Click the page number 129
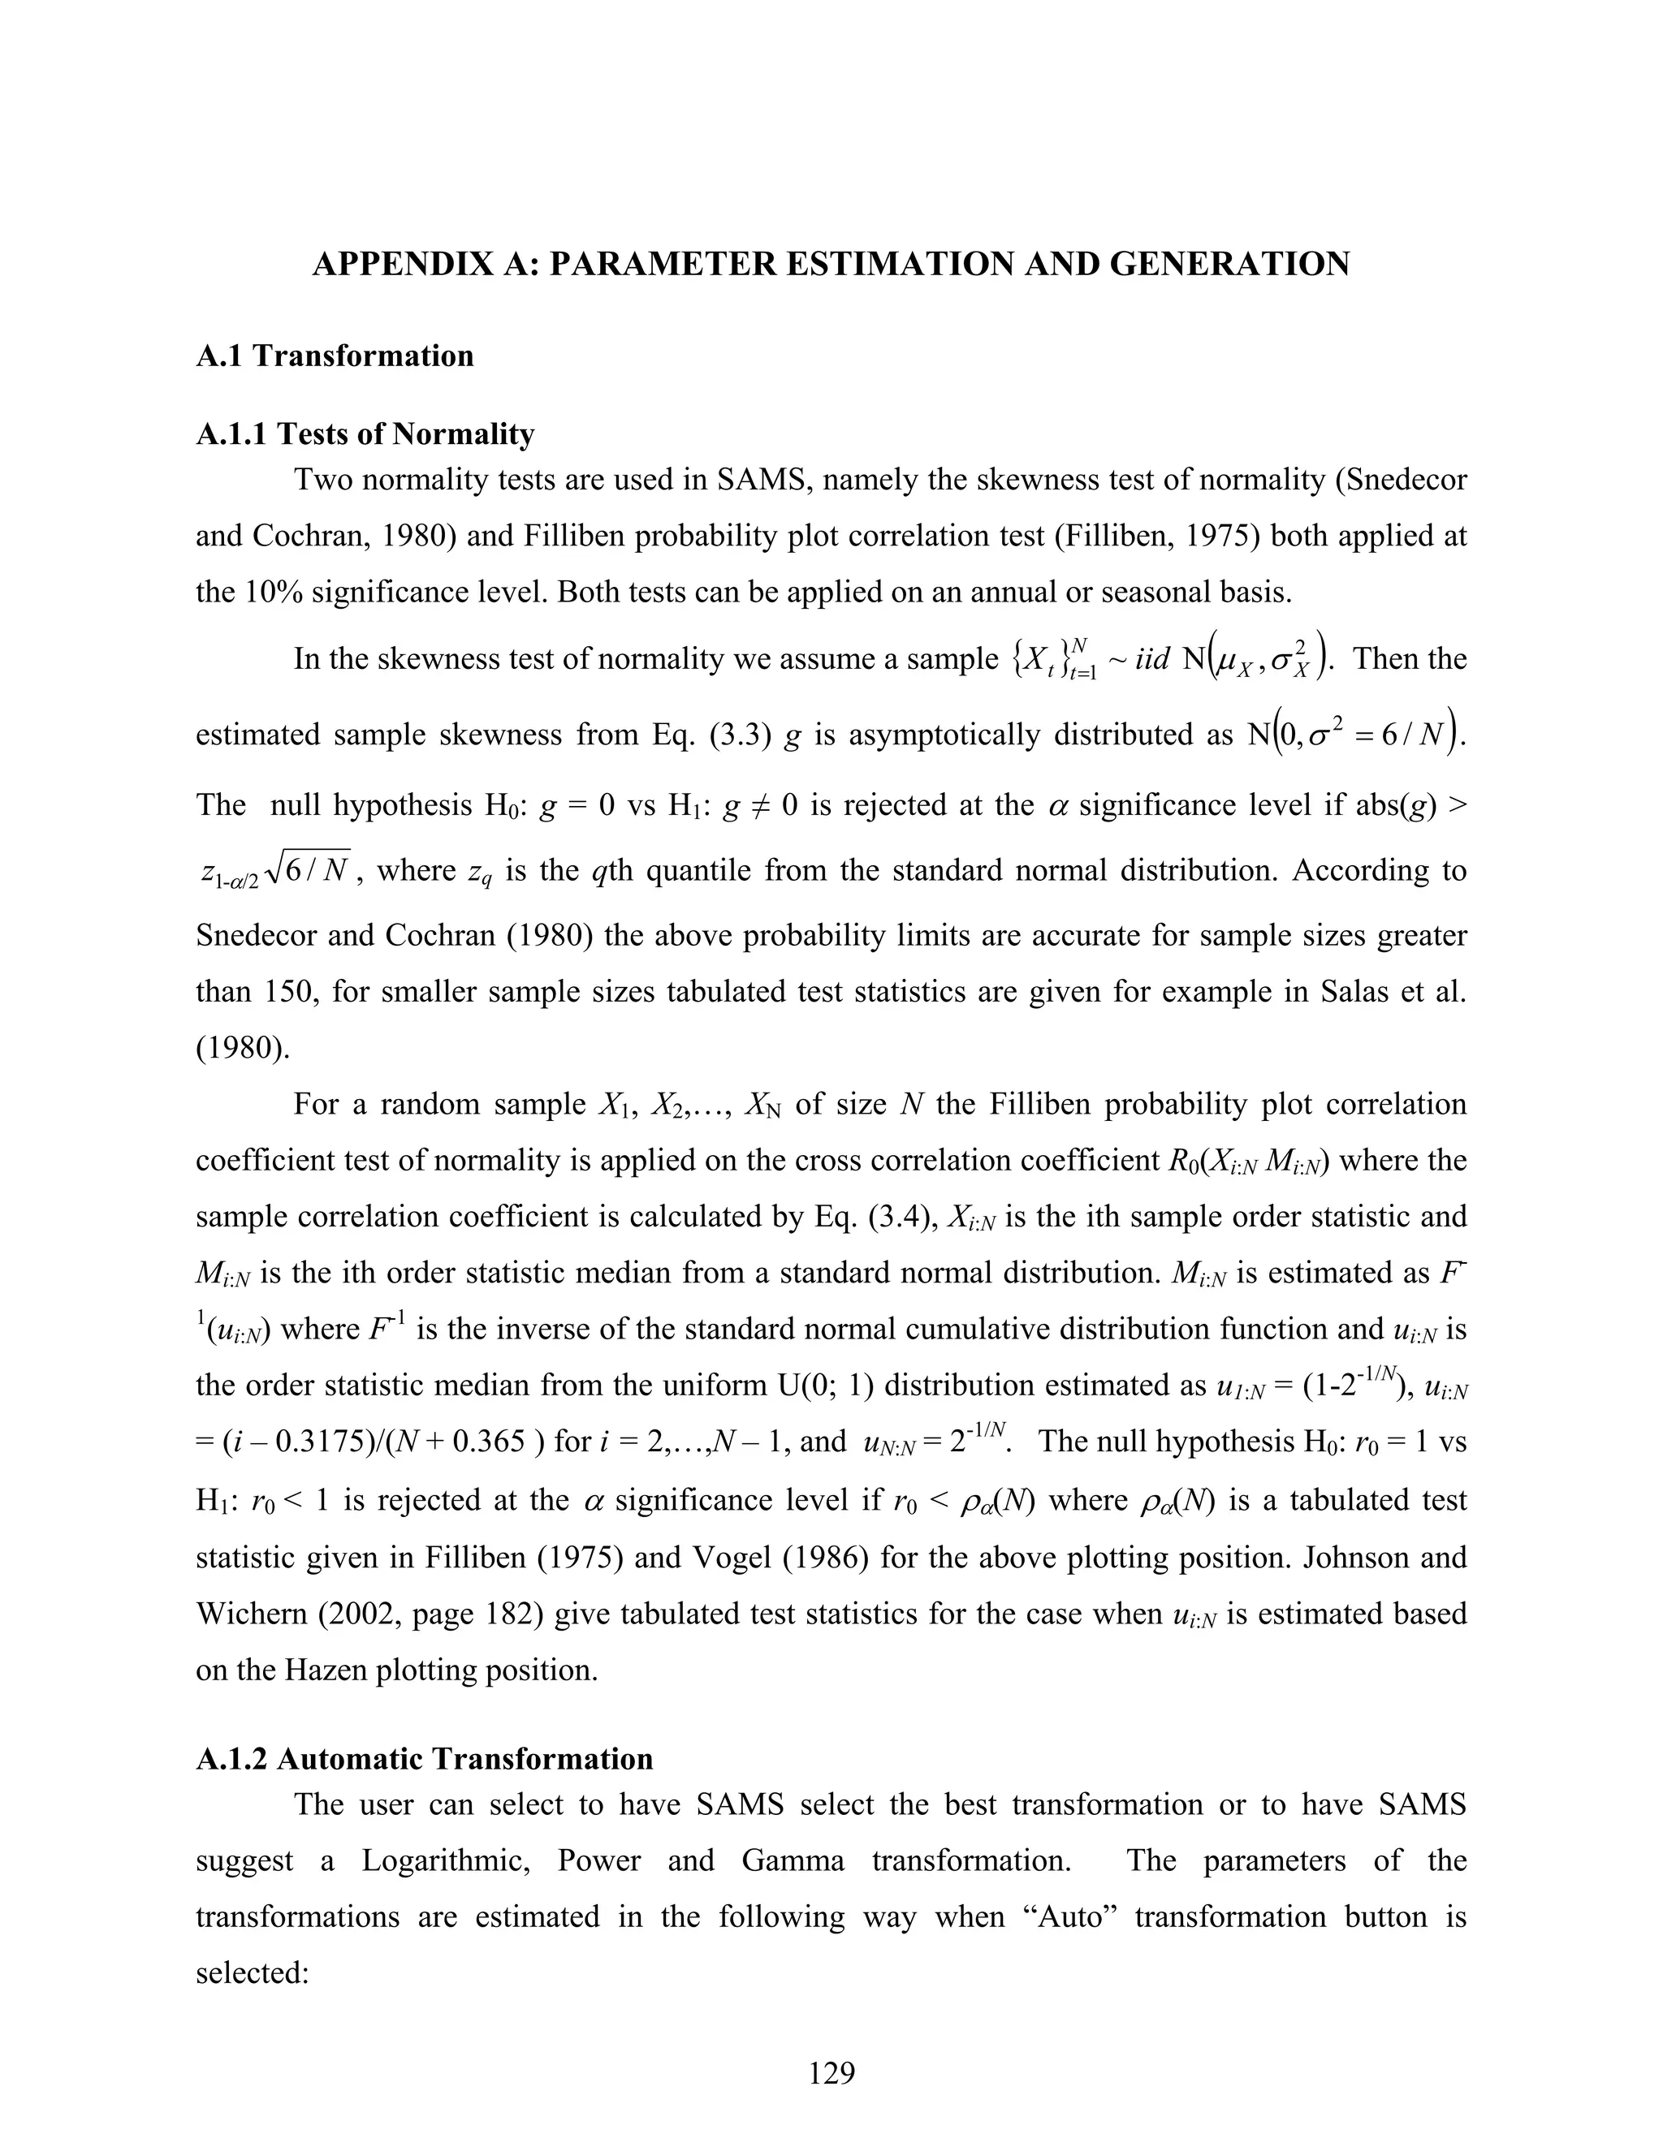click(831, 2073)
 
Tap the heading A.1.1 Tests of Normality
click(365, 433)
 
